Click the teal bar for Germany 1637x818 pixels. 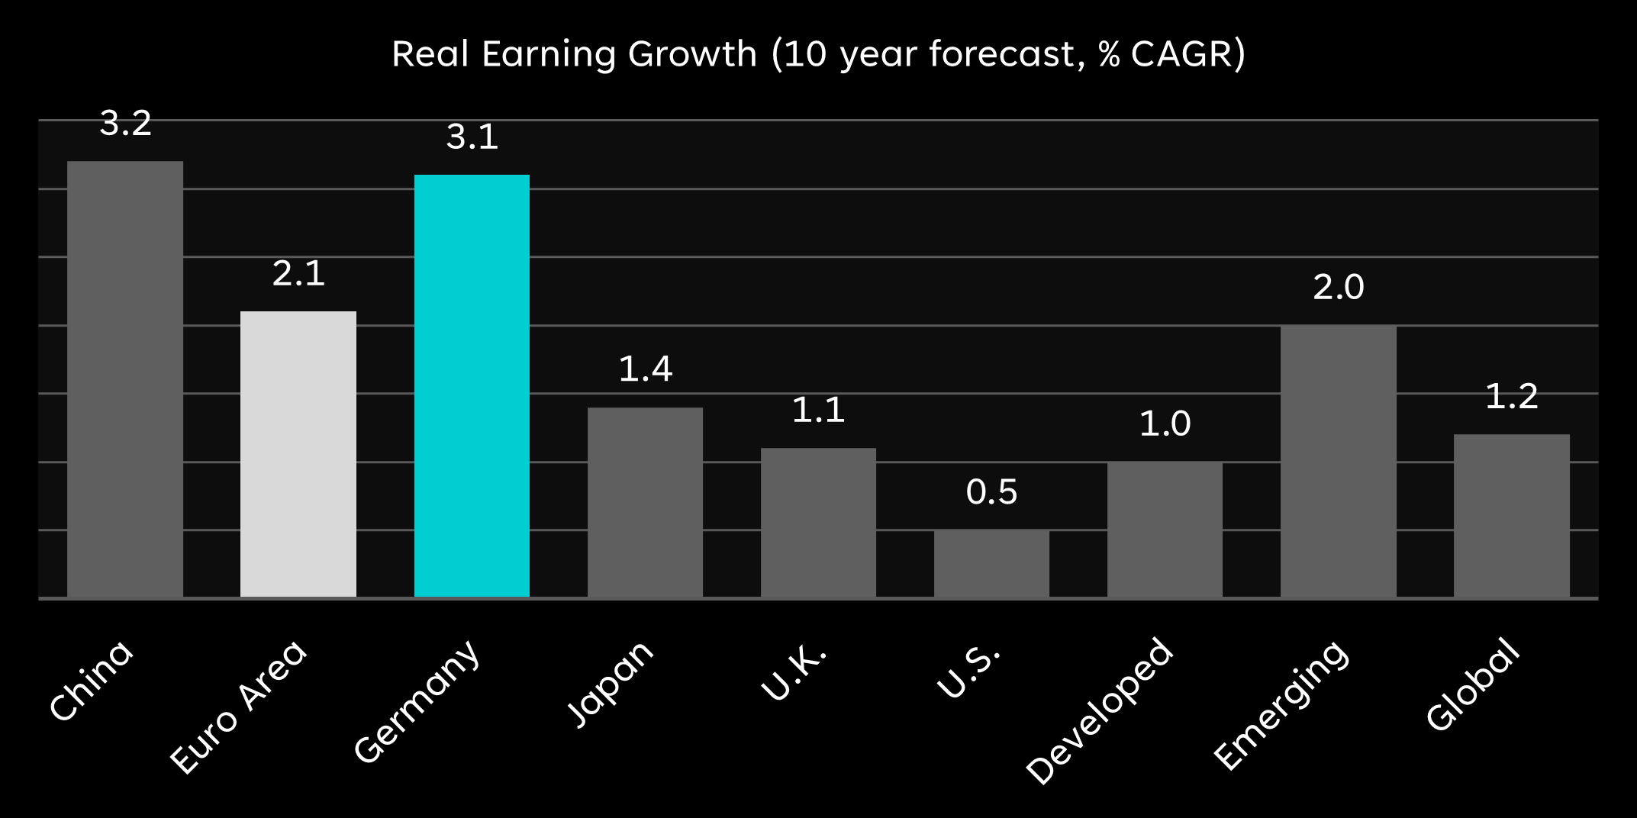point(472,385)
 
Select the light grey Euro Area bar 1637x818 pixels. point(298,454)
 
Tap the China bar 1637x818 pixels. point(125,379)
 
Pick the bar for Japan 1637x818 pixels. point(645,502)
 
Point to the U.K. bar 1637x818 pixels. point(818,523)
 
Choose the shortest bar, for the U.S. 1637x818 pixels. point(991,563)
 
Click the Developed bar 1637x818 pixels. point(1165,530)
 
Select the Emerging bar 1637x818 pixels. point(1338,461)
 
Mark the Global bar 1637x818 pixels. point(1511,516)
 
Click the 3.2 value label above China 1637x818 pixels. point(126,124)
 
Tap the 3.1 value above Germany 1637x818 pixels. point(472,137)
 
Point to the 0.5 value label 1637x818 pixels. point(991,492)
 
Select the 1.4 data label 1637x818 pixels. point(645,369)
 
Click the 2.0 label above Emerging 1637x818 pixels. point(1338,288)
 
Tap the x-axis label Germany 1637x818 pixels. point(417,701)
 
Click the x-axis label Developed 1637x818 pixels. point(1099,710)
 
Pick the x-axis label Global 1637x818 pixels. point(1472,684)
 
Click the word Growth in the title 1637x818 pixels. point(691,54)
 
